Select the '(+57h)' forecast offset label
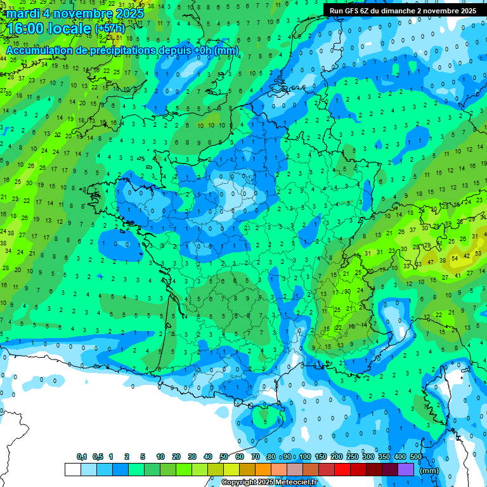click(110, 29)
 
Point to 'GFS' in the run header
click(356, 11)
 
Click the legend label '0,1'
click(82, 457)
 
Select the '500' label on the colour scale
click(416, 457)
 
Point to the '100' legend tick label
click(305, 457)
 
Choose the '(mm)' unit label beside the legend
click(429, 471)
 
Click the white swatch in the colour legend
click(72, 469)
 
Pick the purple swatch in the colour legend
click(406, 469)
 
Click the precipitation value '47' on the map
click(431, 261)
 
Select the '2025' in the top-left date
click(127, 13)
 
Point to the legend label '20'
click(176, 457)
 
